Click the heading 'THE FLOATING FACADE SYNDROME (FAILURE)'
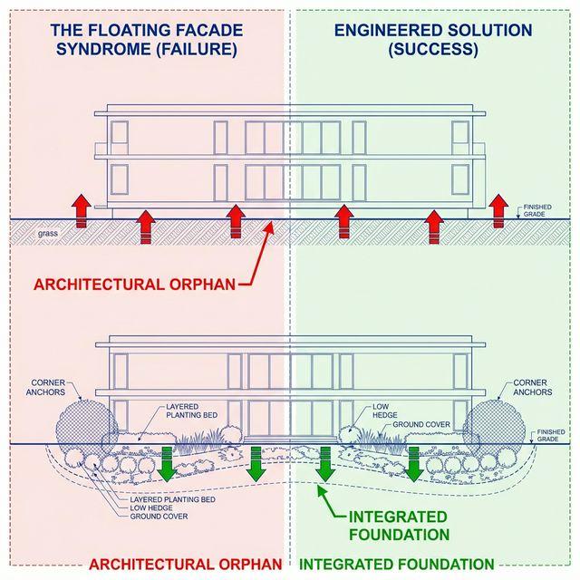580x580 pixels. (144, 40)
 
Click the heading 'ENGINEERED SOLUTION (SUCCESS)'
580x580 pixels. (433, 40)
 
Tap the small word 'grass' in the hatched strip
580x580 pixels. (48, 234)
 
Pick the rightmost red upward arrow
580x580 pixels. (498, 208)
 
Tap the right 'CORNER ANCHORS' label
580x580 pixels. (532, 388)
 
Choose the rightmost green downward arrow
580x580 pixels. (413, 464)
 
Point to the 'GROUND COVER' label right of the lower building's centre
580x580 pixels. (421, 424)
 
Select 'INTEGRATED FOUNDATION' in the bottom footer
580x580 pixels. (396, 564)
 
